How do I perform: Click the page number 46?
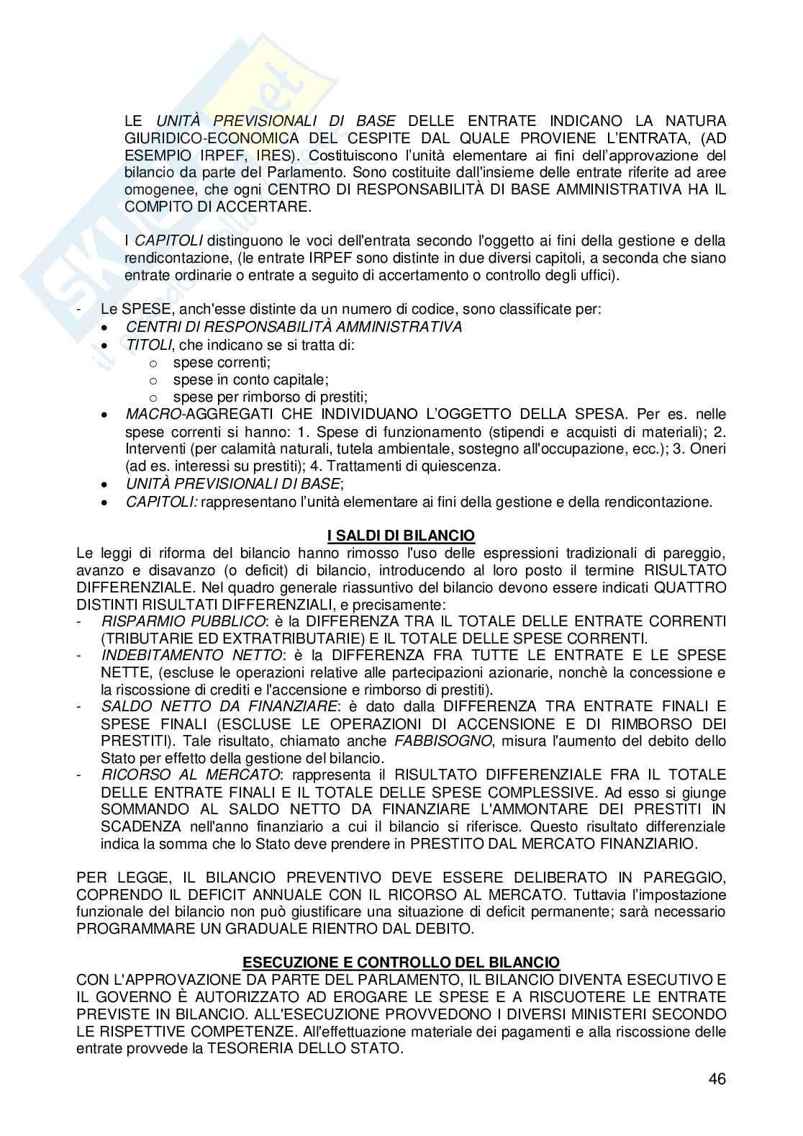pos(717,1078)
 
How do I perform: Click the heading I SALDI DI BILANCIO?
pos(401,536)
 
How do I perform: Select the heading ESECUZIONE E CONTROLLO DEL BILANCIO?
pos(401,963)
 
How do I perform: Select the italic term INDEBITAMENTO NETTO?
pos(191,655)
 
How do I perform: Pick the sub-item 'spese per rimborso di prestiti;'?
pos(270,397)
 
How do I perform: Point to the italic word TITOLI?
pos(148,345)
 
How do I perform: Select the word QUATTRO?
pos(690,587)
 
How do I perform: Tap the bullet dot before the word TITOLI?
pos(106,346)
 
